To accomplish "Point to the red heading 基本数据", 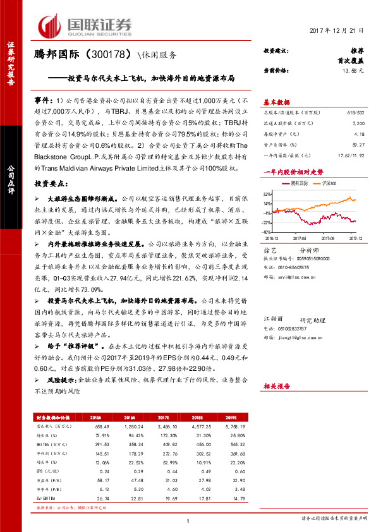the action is click(276, 101).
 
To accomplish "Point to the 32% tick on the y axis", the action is click(268, 194).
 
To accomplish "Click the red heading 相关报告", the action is click(276, 385).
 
